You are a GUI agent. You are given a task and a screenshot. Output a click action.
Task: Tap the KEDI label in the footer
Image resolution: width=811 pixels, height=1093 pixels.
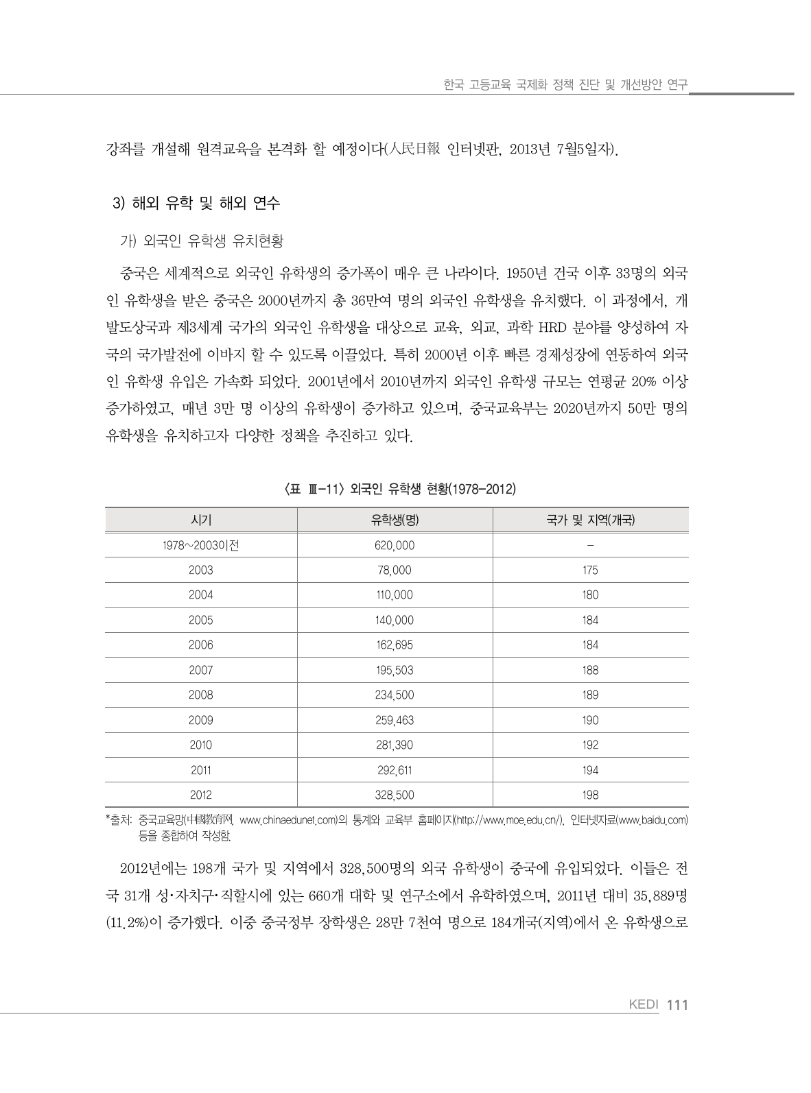(x=644, y=1005)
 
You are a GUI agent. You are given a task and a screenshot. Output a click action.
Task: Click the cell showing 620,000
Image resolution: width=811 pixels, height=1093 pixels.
(x=395, y=545)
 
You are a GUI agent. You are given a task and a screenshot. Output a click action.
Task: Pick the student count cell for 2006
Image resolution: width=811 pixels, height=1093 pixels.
(x=395, y=645)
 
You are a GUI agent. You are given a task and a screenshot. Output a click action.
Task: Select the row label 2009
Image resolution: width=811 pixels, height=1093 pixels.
(x=200, y=720)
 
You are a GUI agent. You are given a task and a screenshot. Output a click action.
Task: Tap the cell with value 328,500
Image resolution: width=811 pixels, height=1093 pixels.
(x=395, y=795)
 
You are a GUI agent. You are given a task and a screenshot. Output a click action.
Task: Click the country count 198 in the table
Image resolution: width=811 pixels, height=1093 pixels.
(x=590, y=795)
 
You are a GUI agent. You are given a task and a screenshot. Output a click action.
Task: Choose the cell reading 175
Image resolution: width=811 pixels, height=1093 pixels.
(x=590, y=570)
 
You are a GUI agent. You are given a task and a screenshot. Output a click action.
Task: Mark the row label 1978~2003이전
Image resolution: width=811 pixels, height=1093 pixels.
(x=200, y=545)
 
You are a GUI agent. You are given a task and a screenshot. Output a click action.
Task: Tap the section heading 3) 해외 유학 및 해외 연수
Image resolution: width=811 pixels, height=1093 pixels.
(x=196, y=203)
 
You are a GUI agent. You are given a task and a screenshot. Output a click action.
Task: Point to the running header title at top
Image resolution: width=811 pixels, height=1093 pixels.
(x=565, y=85)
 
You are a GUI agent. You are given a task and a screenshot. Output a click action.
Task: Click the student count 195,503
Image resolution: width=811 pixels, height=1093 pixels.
(x=395, y=670)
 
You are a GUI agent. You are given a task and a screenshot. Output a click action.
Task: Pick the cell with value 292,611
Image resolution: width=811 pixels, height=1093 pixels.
(x=395, y=770)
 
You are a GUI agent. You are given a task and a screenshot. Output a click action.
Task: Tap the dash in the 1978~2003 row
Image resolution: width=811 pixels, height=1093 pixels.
(x=590, y=545)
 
